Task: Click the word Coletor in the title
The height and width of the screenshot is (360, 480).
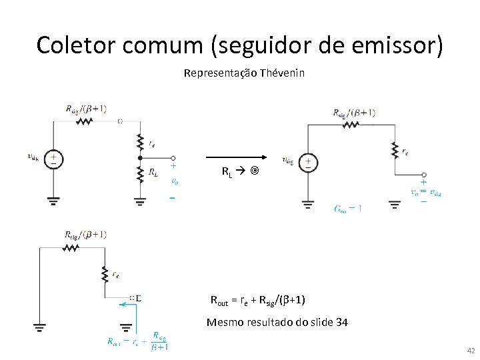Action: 69,45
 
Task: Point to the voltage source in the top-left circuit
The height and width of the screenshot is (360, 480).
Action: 53,159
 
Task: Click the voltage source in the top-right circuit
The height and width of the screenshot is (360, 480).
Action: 308,163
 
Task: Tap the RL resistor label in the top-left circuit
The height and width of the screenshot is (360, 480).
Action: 153,173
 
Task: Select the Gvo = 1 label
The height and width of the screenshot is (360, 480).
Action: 348,208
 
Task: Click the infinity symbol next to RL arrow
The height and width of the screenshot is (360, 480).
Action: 254,171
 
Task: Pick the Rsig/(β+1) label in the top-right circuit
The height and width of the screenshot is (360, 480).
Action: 353,113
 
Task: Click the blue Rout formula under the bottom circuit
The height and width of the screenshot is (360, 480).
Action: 138,340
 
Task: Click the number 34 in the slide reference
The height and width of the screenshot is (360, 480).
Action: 341,323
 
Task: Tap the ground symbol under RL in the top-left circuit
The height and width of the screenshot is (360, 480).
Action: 140,199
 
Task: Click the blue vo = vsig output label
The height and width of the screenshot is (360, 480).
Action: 427,193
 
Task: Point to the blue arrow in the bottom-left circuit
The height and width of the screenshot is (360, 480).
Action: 127,305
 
